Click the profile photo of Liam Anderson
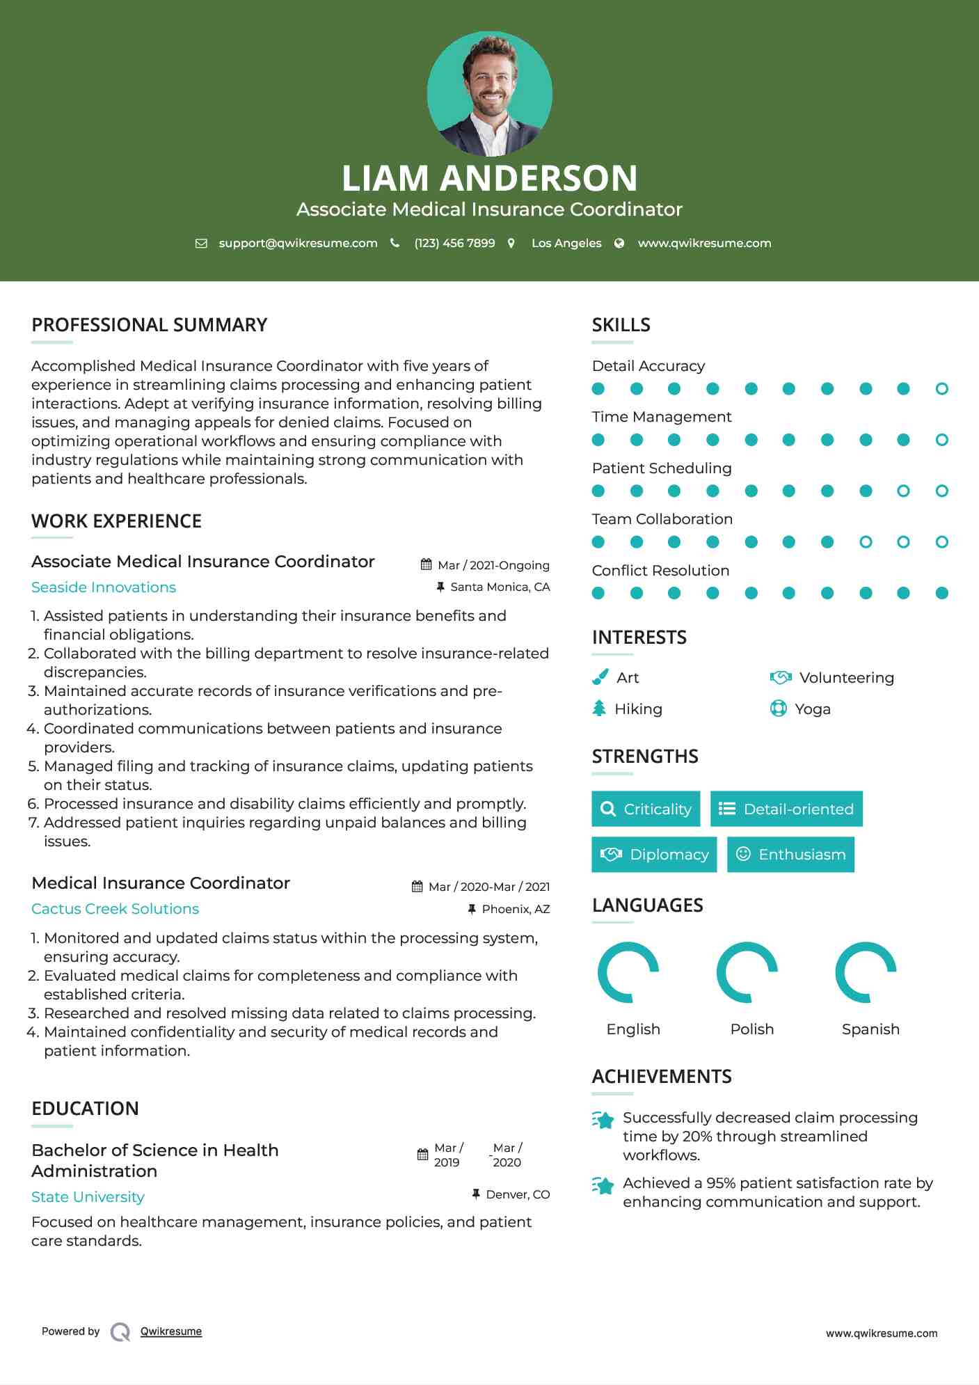pyautogui.click(x=489, y=93)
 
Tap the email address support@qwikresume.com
pyautogui.click(x=298, y=243)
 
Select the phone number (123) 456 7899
pyautogui.click(x=454, y=243)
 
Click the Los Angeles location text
pyautogui.click(x=566, y=243)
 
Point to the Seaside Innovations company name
pyautogui.click(x=104, y=587)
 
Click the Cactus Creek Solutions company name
pyautogui.click(x=115, y=909)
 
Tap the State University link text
pyautogui.click(x=88, y=1197)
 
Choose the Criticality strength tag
pyautogui.click(x=646, y=809)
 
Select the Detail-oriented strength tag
pyautogui.click(x=786, y=809)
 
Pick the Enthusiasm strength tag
pyautogui.click(x=790, y=855)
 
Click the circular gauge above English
pyautogui.click(x=628, y=972)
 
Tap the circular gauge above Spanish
pyautogui.click(x=866, y=972)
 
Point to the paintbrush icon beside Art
pyautogui.click(x=600, y=677)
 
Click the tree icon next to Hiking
pyautogui.click(x=599, y=709)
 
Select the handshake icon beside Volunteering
pyautogui.click(x=781, y=677)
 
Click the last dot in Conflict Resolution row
pyautogui.click(x=941, y=593)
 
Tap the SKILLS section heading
pyautogui.click(x=621, y=325)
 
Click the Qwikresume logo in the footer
pyautogui.click(x=120, y=1331)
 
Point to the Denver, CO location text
pyautogui.click(x=518, y=1194)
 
